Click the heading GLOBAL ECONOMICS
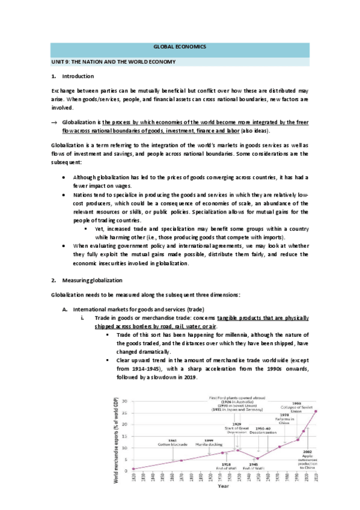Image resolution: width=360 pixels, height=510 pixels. pos(180,46)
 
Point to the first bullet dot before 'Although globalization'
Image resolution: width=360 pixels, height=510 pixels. pos(65,177)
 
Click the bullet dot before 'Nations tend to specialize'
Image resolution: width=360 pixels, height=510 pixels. pos(65,195)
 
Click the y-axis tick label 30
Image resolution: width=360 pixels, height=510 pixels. pos(125,401)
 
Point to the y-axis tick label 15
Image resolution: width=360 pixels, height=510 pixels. pos(125,435)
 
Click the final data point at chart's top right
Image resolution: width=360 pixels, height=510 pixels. pos(315,411)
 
